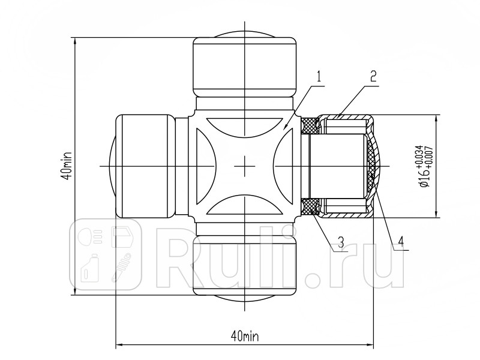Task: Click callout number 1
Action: coord(319,77)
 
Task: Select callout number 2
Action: coord(373,76)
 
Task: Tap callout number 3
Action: coord(341,242)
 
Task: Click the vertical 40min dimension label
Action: coord(67,166)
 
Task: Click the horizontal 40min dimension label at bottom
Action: coord(245,337)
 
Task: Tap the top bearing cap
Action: coord(245,67)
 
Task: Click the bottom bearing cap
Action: coord(245,265)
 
